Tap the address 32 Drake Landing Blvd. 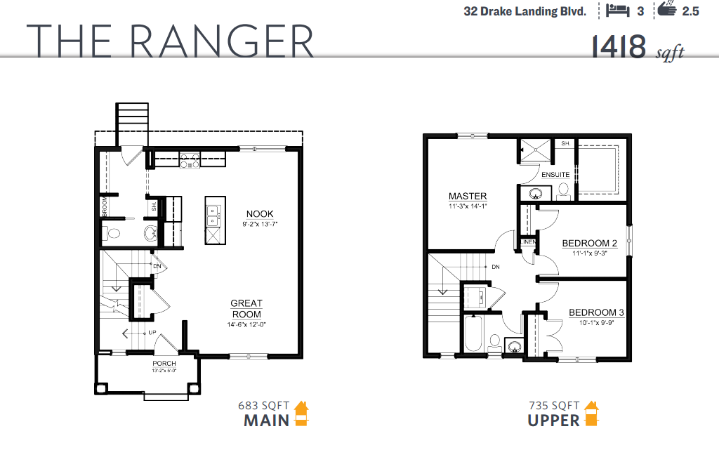pyautogui.click(x=525, y=11)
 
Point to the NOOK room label pyautogui.click(x=260, y=214)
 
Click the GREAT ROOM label pyautogui.click(x=246, y=309)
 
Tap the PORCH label pyautogui.click(x=164, y=364)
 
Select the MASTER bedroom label pyautogui.click(x=468, y=196)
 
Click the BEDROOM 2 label pyautogui.click(x=589, y=244)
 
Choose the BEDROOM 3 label pyautogui.click(x=596, y=312)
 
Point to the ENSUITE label pyautogui.click(x=555, y=174)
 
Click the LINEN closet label pyautogui.click(x=528, y=243)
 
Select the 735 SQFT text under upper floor pyautogui.click(x=554, y=405)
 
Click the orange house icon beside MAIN pyautogui.click(x=301, y=413)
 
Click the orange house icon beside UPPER pyautogui.click(x=591, y=413)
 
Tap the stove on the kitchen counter pyautogui.click(x=189, y=161)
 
